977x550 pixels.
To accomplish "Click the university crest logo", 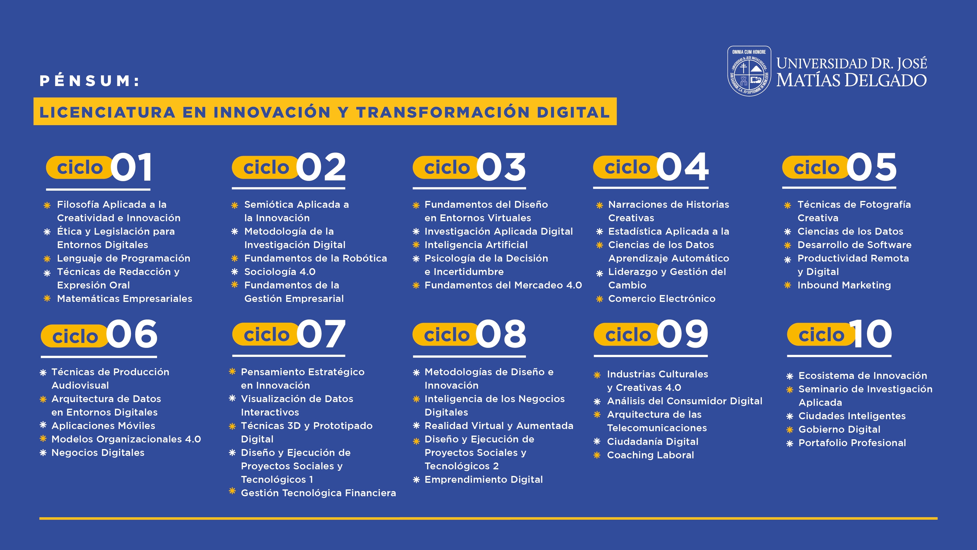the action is pos(749,71).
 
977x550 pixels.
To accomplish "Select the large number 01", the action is pos(132,167).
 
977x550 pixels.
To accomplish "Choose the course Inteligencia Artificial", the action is pos(476,245).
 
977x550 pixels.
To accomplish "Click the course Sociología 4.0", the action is pos(280,272).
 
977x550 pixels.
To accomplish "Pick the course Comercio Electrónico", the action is pos(662,299).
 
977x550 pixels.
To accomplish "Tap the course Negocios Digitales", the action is pos(98,452).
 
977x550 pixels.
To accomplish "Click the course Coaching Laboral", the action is pos(650,455).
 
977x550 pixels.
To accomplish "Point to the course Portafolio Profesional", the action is pos(852,443).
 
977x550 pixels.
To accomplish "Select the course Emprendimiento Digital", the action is pos(484,480).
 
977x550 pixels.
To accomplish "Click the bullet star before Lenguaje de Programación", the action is pos(47,259).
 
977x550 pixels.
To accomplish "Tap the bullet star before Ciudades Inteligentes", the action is pos(790,416).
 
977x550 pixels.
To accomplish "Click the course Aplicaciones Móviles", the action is pos(103,426).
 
